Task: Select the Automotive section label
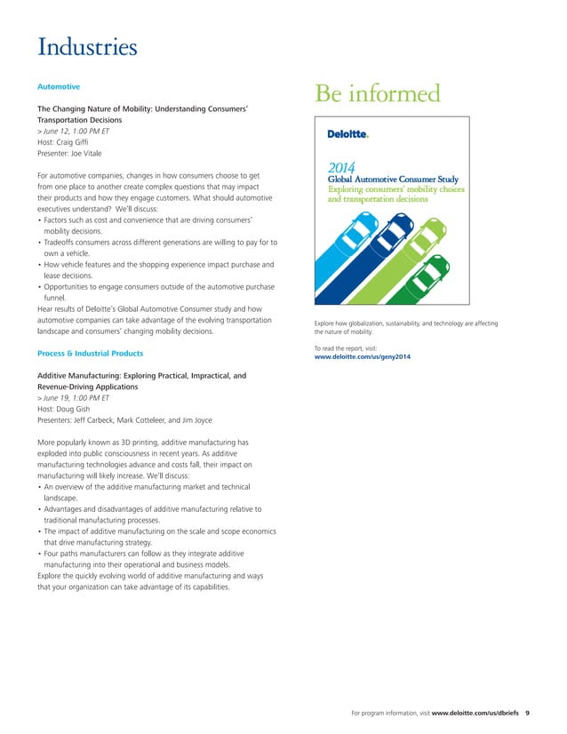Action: tap(59, 87)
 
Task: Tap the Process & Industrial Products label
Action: tap(90, 354)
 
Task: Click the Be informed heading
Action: tap(379, 93)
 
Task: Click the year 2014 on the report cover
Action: tap(342, 166)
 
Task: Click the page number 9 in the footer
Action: tap(528, 712)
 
